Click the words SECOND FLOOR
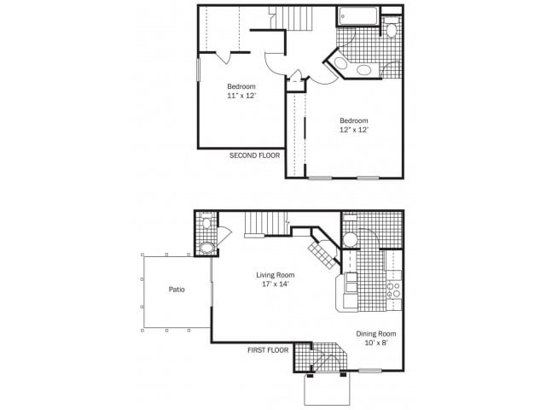click(x=254, y=155)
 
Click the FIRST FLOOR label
click(x=268, y=349)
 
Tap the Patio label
click(x=177, y=289)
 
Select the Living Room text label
click(x=276, y=275)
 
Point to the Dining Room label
click(x=375, y=334)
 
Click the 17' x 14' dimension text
click(x=276, y=284)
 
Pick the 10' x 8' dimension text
click(x=375, y=343)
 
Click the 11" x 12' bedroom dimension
click(x=241, y=96)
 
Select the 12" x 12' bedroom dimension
click(x=353, y=130)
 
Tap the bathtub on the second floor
click(x=357, y=15)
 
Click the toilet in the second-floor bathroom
click(x=391, y=30)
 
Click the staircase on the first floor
click(x=259, y=224)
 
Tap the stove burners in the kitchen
click(x=394, y=290)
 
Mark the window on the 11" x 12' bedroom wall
click(x=198, y=69)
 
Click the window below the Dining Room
click(x=369, y=371)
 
